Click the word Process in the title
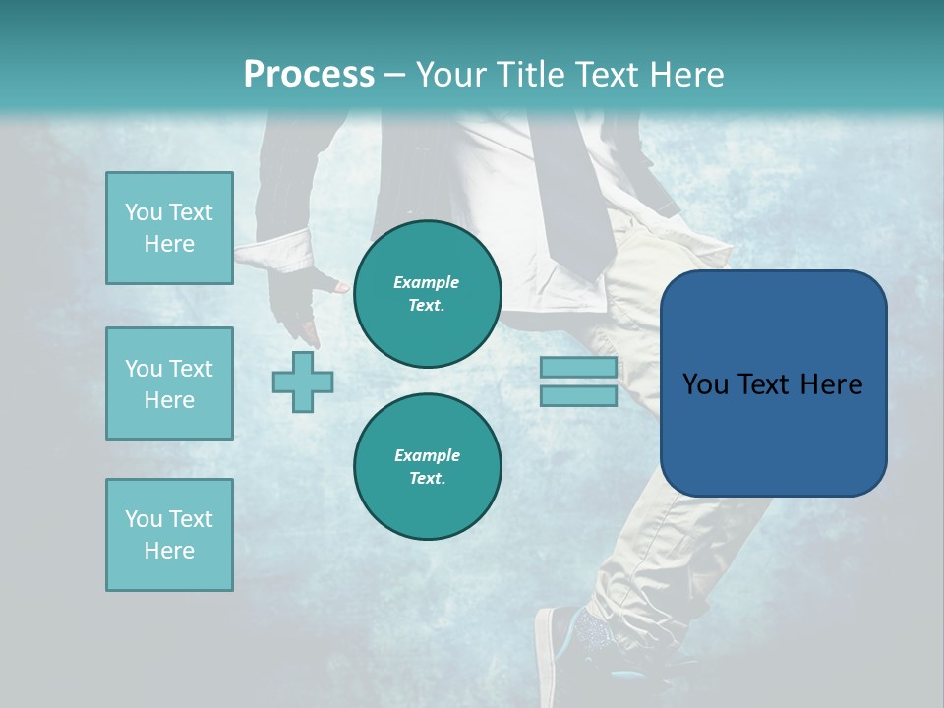(309, 75)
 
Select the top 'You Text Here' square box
(169, 228)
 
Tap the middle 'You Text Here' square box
(169, 383)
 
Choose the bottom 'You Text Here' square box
(169, 535)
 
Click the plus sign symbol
(303, 382)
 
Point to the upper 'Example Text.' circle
(427, 293)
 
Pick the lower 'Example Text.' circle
(427, 466)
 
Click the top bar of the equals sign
(578, 368)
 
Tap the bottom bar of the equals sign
(578, 395)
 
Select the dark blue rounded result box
(773, 383)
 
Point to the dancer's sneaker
(575, 649)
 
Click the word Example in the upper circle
(427, 282)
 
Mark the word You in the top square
(143, 212)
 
